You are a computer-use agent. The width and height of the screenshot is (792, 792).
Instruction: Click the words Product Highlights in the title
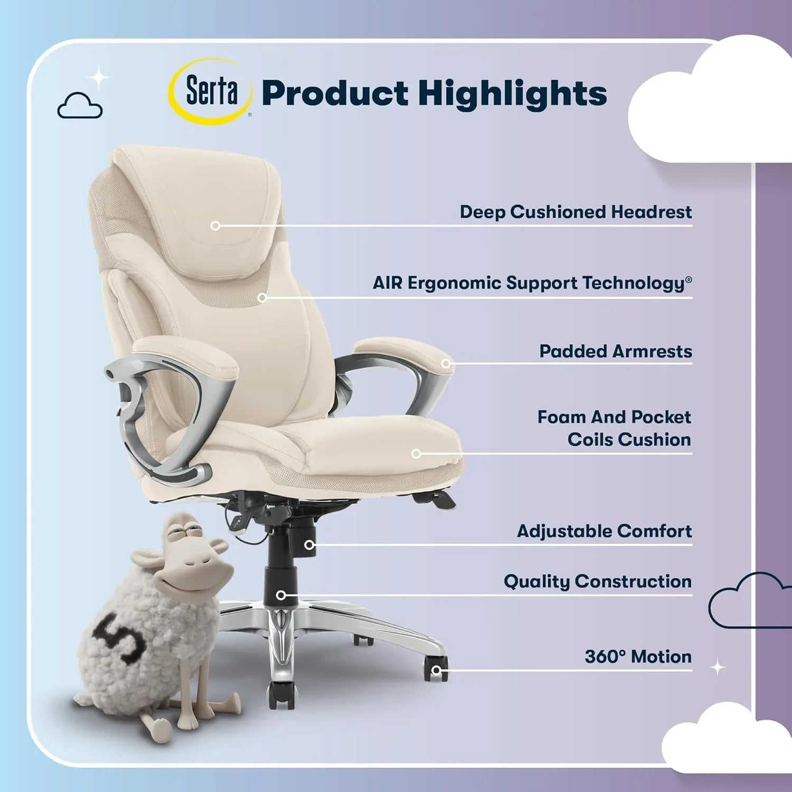[434, 93]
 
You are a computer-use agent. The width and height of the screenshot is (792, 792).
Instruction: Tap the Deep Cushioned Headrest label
[575, 212]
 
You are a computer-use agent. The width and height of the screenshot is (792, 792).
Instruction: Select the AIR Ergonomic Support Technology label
[532, 283]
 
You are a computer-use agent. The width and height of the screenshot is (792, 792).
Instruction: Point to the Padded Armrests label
[615, 352]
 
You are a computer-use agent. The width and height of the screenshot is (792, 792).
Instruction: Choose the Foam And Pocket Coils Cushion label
[614, 428]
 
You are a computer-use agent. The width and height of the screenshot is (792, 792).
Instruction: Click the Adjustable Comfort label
[604, 531]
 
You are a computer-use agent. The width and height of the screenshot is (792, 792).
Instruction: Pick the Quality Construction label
[597, 581]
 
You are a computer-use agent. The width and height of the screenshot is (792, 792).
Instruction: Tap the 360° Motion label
[638, 657]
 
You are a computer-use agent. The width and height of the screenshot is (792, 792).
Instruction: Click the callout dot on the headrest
[215, 226]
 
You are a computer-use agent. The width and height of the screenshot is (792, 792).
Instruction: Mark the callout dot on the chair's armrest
[446, 363]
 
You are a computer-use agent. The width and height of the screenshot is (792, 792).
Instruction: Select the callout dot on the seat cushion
[416, 454]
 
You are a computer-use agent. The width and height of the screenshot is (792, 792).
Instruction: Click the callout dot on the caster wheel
[436, 671]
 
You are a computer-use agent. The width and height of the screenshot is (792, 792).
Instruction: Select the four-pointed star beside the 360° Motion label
[718, 668]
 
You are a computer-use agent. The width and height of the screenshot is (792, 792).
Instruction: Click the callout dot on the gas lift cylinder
[281, 596]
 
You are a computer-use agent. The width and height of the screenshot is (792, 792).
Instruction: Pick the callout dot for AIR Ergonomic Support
[262, 298]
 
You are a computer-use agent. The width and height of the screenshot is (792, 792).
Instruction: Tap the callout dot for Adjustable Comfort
[310, 545]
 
